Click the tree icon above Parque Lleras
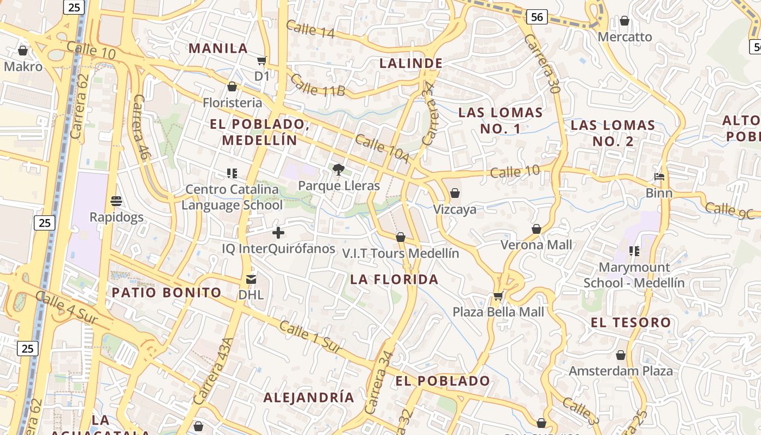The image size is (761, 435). [x=339, y=170]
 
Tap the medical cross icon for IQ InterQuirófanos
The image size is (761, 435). [x=278, y=233]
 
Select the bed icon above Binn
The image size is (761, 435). [x=659, y=177]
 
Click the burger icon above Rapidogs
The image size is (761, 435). [x=116, y=201]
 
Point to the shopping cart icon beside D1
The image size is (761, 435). [x=262, y=61]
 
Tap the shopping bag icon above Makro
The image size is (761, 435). [x=23, y=51]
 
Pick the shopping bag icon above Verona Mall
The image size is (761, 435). [x=537, y=229]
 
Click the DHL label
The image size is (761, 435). [x=251, y=295]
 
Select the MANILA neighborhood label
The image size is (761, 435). [x=218, y=48]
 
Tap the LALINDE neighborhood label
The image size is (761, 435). [x=410, y=63]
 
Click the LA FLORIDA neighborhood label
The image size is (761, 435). [x=394, y=279]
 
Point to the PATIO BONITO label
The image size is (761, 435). [x=167, y=293]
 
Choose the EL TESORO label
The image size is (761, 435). [x=631, y=322]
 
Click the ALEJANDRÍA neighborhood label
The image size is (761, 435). [x=309, y=397]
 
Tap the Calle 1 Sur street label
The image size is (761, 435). [x=311, y=337]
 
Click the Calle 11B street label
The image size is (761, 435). [x=317, y=85]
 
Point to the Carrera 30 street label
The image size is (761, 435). [x=542, y=64]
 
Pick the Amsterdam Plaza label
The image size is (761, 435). [x=621, y=371]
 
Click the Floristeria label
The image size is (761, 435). [x=232, y=103]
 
